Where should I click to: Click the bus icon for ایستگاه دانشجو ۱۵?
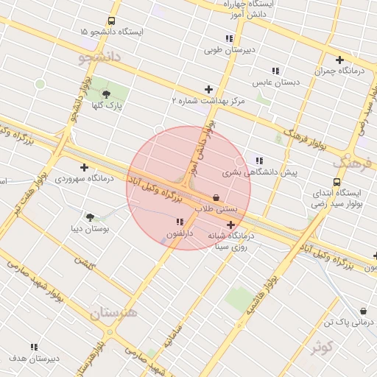click(111, 21)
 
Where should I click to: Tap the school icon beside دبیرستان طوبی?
click(231, 38)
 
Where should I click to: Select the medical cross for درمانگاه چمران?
click(339, 60)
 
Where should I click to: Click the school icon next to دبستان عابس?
click(275, 71)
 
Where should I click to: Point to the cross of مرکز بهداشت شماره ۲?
click(208, 89)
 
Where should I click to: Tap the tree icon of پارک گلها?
click(106, 94)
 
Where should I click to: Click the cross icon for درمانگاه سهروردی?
click(84, 167)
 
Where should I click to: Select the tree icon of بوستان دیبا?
click(91, 217)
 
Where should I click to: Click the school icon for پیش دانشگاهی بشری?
click(258, 161)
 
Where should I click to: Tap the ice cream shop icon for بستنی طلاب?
click(216, 197)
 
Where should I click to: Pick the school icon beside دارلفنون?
click(180, 222)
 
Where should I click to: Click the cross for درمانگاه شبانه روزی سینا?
click(231, 225)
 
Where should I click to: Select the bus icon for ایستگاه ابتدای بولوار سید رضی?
click(337, 182)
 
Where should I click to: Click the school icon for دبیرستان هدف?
click(34, 346)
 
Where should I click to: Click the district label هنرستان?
click(114, 313)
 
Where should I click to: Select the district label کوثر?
click(323, 346)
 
